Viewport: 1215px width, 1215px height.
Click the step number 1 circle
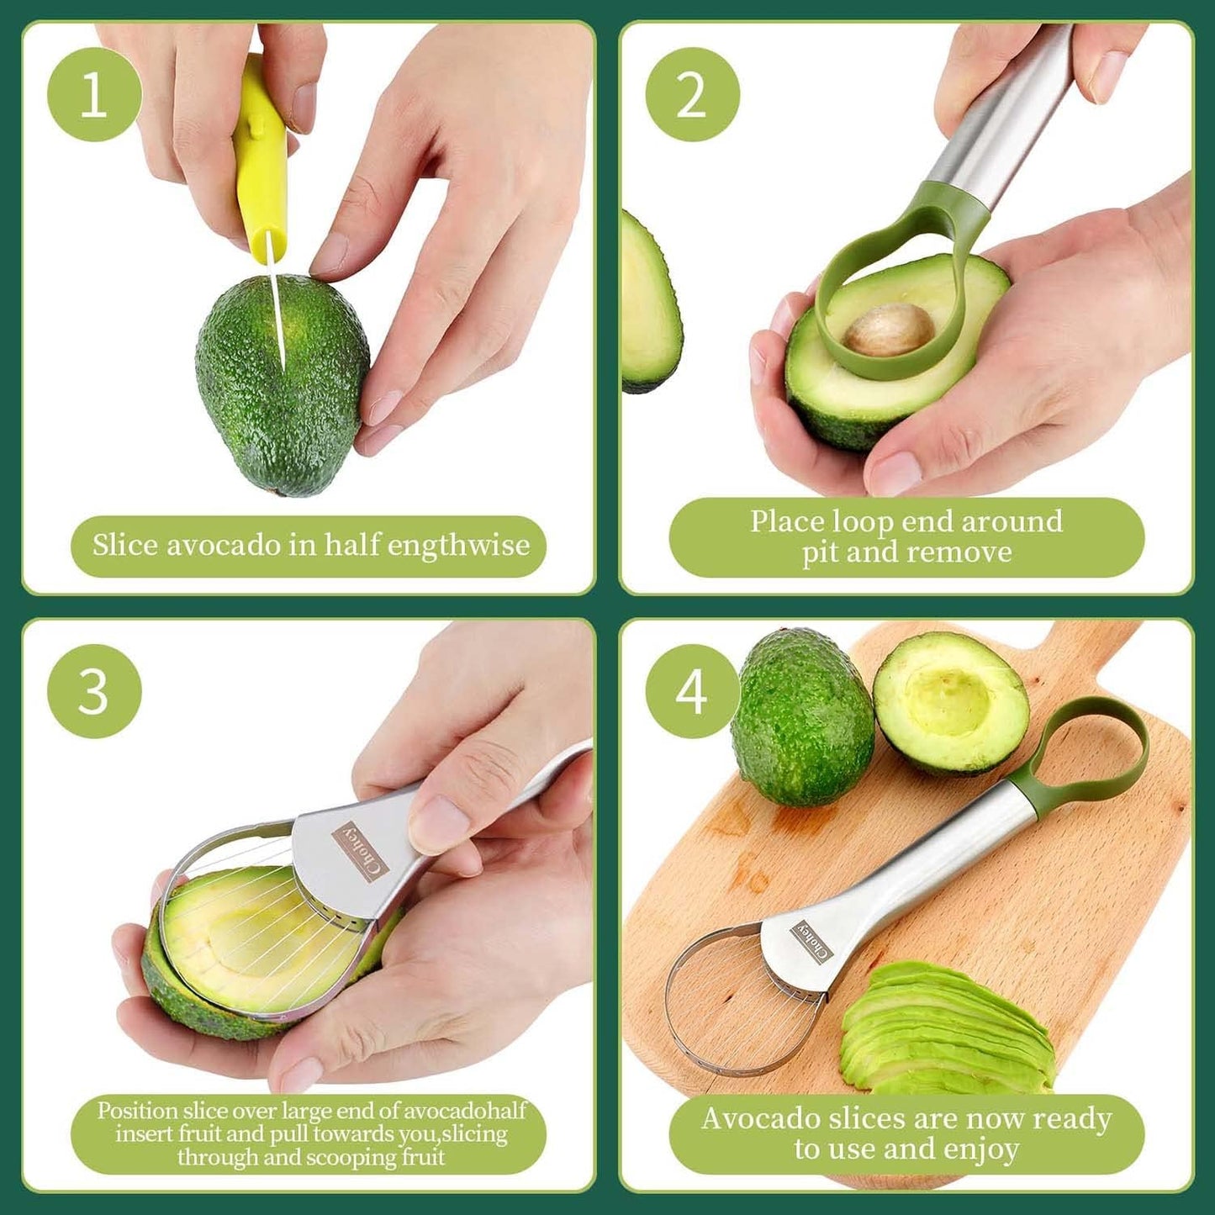click(94, 94)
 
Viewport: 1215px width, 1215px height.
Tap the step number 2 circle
click(692, 94)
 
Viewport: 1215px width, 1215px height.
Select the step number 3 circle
click(94, 691)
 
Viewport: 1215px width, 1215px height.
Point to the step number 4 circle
click(692, 691)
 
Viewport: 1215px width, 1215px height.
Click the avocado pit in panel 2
click(889, 330)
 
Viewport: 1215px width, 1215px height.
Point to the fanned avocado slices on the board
click(946, 1030)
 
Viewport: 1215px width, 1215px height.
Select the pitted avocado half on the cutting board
click(950, 702)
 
